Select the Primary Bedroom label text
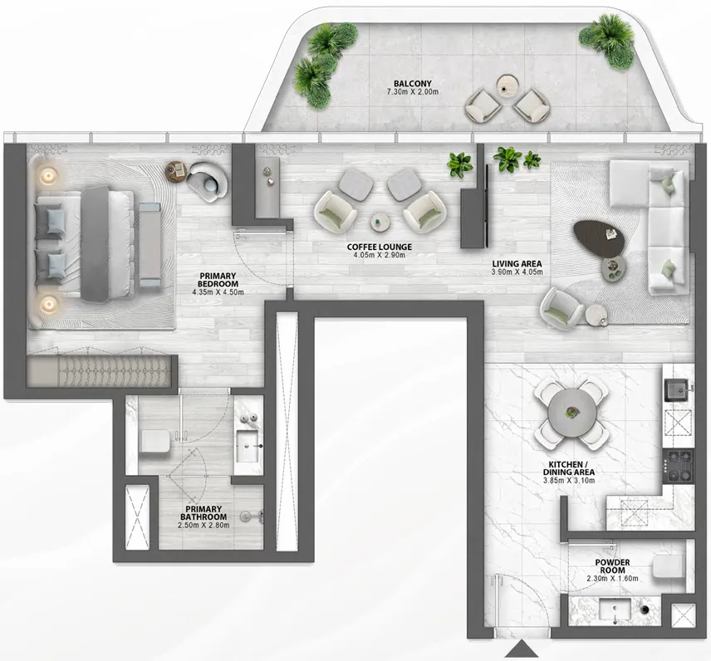(x=218, y=281)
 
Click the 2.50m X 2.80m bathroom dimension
(x=204, y=525)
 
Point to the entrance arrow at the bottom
(x=522, y=649)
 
